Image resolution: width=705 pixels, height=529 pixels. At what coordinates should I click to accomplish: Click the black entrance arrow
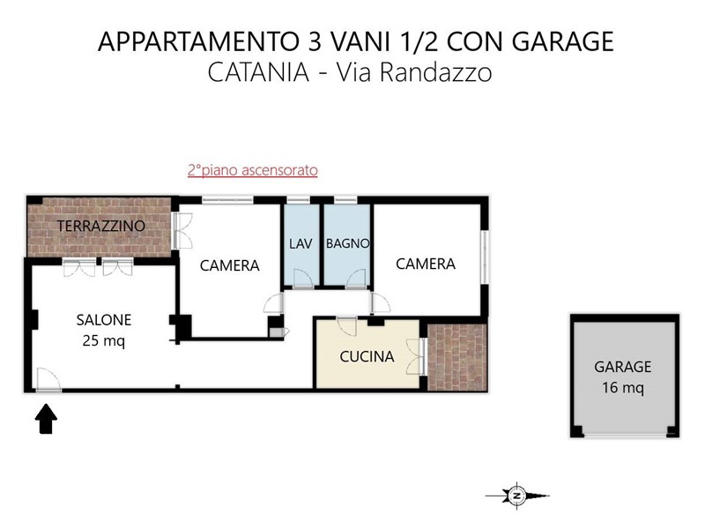click(46, 419)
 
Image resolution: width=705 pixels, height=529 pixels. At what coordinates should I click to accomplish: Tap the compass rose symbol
click(517, 495)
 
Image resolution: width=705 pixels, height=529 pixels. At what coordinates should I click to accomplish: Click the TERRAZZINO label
click(101, 226)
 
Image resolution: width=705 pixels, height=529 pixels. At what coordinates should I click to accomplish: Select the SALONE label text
click(104, 320)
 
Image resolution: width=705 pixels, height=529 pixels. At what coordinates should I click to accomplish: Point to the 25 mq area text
click(104, 341)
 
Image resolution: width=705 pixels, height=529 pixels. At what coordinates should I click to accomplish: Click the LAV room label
click(301, 244)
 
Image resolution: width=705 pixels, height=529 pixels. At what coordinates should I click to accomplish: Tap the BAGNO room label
click(347, 244)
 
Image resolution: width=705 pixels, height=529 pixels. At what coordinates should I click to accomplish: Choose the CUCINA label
click(367, 357)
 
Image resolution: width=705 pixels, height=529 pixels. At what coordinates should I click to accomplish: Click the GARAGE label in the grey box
click(623, 367)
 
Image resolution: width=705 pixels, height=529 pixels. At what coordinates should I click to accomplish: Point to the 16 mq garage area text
click(623, 388)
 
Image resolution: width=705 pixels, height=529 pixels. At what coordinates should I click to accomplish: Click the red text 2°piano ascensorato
click(253, 170)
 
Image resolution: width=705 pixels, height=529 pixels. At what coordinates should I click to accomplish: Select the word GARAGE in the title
click(562, 41)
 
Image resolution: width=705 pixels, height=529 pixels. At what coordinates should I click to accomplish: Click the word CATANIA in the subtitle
click(258, 72)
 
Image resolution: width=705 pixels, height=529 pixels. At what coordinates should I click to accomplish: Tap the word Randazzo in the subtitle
click(436, 72)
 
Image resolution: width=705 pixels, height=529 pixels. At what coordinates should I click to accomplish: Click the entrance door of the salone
click(48, 380)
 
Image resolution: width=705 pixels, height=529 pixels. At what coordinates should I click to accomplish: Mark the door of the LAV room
click(303, 279)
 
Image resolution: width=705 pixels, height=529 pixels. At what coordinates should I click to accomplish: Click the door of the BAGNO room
click(356, 279)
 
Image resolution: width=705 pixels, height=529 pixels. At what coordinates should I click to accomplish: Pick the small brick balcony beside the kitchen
click(457, 357)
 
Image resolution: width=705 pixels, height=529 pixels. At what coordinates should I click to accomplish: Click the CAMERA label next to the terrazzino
click(230, 266)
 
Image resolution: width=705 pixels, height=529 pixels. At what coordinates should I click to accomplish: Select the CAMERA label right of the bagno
click(426, 264)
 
